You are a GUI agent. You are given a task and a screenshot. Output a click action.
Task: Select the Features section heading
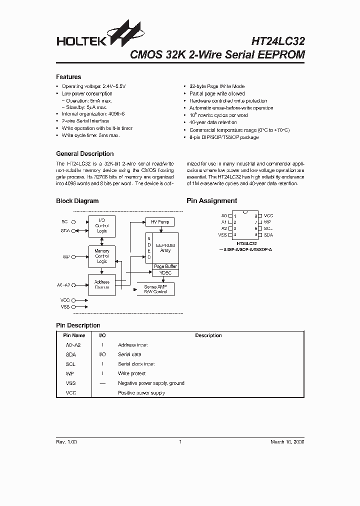(x=68, y=77)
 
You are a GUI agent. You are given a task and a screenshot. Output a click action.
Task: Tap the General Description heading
(x=84, y=153)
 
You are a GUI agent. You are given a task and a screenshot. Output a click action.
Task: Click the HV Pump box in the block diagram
(x=160, y=221)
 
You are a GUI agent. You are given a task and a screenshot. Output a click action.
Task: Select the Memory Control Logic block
(x=102, y=255)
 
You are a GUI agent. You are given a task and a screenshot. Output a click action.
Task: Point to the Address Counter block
(x=102, y=284)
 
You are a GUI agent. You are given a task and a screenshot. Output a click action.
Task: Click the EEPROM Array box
(x=165, y=248)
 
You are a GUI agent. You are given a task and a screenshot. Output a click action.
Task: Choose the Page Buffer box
(x=165, y=266)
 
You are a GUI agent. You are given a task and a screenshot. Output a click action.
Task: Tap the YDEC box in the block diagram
(x=165, y=273)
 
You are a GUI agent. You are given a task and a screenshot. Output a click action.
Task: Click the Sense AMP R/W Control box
(x=155, y=289)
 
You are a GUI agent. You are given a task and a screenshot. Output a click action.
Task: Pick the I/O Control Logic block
(x=102, y=225)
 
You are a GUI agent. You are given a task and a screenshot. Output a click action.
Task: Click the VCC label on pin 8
(x=268, y=215)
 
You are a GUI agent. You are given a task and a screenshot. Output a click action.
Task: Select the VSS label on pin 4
(x=222, y=234)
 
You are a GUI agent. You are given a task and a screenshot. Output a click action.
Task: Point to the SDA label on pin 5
(x=268, y=234)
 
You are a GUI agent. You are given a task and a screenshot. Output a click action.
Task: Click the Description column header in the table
(x=208, y=335)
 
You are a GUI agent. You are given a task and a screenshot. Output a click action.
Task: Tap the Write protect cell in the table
(x=131, y=373)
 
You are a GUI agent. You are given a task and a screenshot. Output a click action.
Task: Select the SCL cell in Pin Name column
(x=70, y=364)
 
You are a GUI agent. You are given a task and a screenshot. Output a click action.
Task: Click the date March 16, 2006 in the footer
(x=287, y=442)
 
